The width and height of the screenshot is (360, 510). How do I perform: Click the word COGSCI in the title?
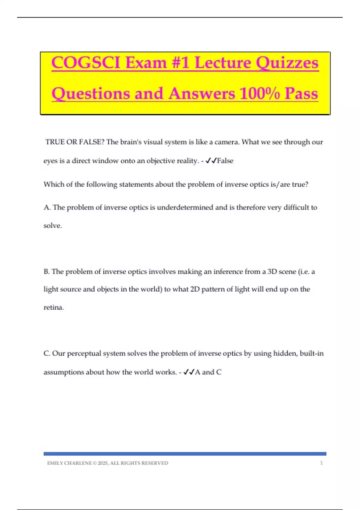86,63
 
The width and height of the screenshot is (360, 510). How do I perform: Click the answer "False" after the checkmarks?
225,161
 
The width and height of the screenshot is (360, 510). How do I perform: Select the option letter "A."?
47,207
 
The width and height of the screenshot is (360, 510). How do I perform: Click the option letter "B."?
47,271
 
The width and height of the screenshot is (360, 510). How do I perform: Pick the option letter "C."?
47,353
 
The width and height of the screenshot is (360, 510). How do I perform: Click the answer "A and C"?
208,372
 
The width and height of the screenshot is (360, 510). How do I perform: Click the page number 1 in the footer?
321,463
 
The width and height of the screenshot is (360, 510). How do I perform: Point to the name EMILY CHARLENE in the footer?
69,463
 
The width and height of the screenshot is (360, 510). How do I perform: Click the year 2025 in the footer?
103,463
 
